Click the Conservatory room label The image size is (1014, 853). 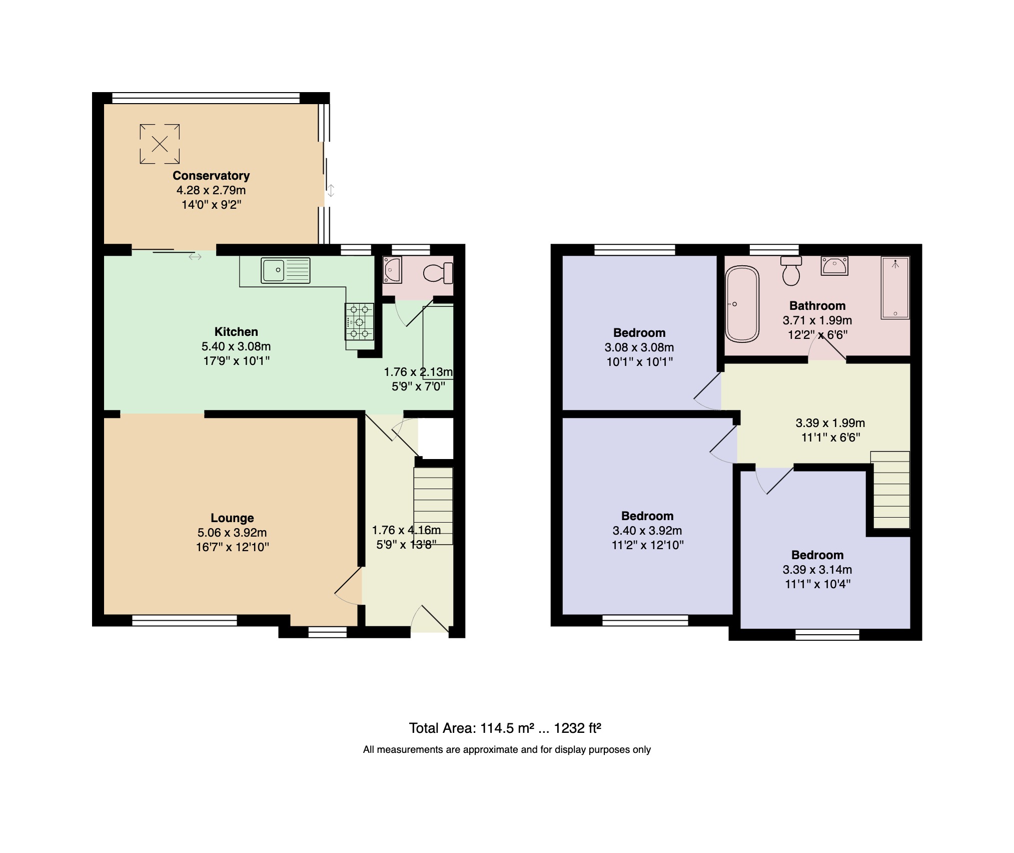pyautogui.click(x=211, y=176)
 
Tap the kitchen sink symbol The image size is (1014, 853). pyautogui.click(x=285, y=270)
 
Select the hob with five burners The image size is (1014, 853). pyautogui.click(x=359, y=322)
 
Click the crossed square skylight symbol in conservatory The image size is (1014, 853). pyautogui.click(x=160, y=144)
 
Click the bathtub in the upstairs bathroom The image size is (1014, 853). pyautogui.click(x=742, y=304)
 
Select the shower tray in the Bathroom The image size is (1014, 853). pyautogui.click(x=895, y=288)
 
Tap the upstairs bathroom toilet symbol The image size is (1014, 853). pyautogui.click(x=791, y=271)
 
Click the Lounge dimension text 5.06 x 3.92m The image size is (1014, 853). pyautogui.click(x=232, y=533)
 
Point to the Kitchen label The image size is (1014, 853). pyautogui.click(x=236, y=332)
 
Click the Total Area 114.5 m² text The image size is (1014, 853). pyautogui.click(x=505, y=728)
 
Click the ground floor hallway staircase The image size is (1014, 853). pyautogui.click(x=433, y=506)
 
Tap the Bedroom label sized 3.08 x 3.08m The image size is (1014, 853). pyautogui.click(x=639, y=333)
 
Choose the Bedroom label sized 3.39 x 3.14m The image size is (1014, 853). pyautogui.click(x=817, y=555)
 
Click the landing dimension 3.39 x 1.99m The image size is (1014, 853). pyautogui.click(x=830, y=423)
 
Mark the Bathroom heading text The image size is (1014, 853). pyautogui.click(x=817, y=306)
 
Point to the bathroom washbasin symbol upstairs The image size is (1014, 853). pyautogui.click(x=834, y=266)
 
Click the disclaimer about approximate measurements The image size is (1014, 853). pyautogui.click(x=507, y=750)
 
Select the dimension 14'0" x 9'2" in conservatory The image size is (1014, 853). pyautogui.click(x=211, y=205)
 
